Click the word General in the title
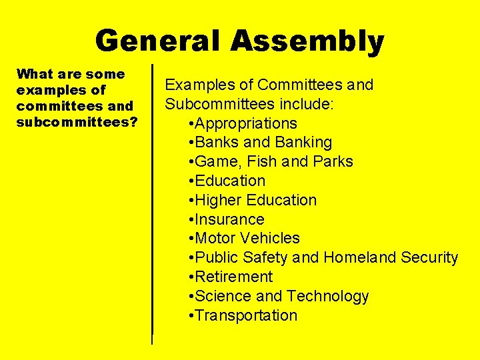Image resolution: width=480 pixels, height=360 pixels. click(x=158, y=41)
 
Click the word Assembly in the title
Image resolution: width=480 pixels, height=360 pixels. click(x=307, y=41)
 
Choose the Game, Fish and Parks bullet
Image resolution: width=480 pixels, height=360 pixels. click(x=271, y=162)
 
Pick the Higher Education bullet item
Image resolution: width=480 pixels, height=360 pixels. click(x=253, y=200)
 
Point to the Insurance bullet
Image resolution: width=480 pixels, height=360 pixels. click(x=227, y=219)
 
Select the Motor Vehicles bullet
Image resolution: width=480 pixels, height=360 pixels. click(x=244, y=238)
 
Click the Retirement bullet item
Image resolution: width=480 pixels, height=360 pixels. click(x=231, y=277)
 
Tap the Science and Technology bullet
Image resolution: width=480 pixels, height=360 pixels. click(x=279, y=296)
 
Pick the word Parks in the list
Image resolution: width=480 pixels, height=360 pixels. click(x=333, y=162)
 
